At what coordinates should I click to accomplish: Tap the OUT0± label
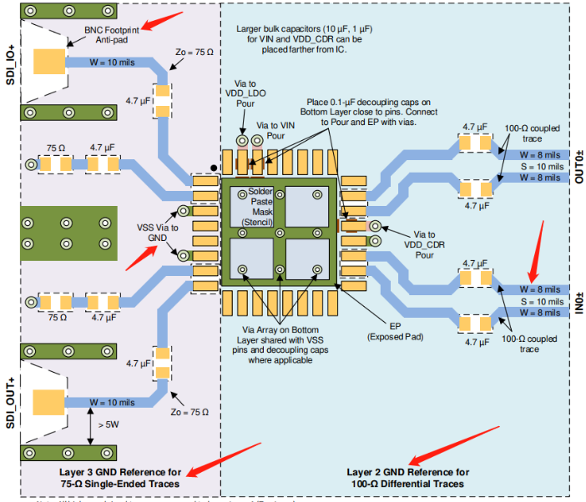pyautogui.click(x=575, y=165)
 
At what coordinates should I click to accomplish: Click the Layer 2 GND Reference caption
pyautogui.click(x=407, y=478)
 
